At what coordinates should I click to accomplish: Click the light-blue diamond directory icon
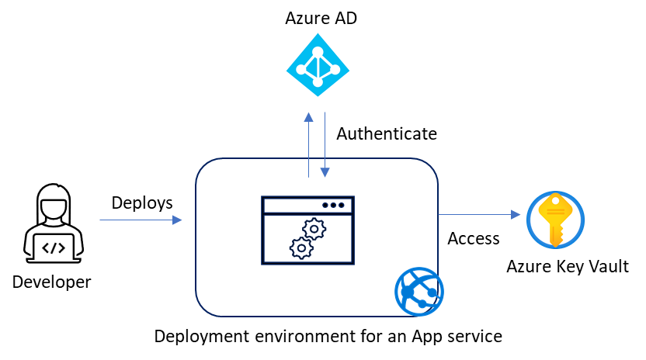coord(317,65)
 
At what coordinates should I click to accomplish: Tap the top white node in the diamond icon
coord(318,52)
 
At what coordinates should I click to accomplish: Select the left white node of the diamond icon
coord(301,70)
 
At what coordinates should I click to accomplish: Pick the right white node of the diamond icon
coord(335,70)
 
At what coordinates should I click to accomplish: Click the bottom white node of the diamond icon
coord(318,82)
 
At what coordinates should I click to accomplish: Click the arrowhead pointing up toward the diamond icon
coord(308,117)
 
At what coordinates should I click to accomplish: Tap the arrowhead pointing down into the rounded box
coord(325,172)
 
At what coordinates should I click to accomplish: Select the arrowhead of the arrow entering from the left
coord(178,220)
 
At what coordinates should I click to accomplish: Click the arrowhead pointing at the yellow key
coord(516,215)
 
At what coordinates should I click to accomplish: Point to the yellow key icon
coord(555,220)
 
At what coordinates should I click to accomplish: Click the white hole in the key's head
coord(555,201)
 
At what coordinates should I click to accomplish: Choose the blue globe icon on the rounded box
coord(419,292)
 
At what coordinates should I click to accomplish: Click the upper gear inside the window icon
coord(314,229)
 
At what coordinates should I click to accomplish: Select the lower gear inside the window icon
coord(301,248)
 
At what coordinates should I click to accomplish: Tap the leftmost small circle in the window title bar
coord(325,206)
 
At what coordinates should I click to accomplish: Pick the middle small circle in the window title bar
coord(333,206)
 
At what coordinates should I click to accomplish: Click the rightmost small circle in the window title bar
coord(341,206)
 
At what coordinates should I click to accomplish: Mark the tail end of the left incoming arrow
coord(101,220)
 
